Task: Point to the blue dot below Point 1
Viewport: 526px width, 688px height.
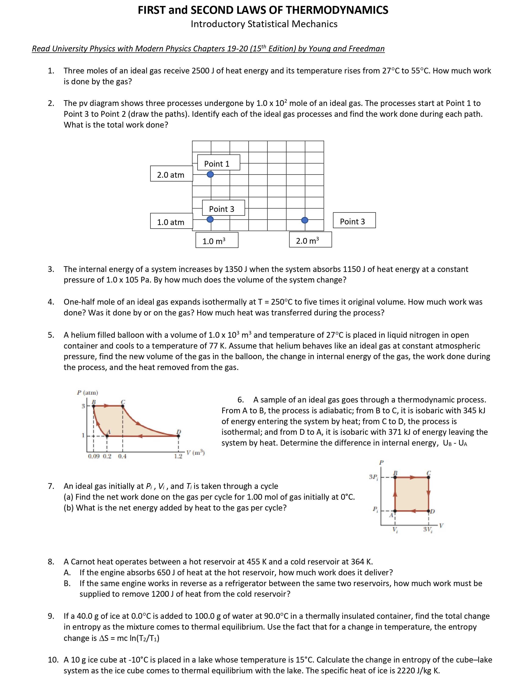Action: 210,174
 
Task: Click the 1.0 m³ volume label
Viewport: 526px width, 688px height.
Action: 216,241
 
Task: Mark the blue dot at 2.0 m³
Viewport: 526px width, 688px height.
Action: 305,220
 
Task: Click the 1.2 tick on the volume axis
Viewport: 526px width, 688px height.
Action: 178,456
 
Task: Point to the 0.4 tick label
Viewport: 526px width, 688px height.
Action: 122,456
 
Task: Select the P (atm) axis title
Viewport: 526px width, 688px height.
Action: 87,392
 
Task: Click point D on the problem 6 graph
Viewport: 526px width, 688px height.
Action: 178,435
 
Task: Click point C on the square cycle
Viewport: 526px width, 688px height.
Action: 429,477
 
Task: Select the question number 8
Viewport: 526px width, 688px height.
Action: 51,561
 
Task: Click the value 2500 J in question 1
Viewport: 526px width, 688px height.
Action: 203,71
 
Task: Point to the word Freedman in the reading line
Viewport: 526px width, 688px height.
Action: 367,49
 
